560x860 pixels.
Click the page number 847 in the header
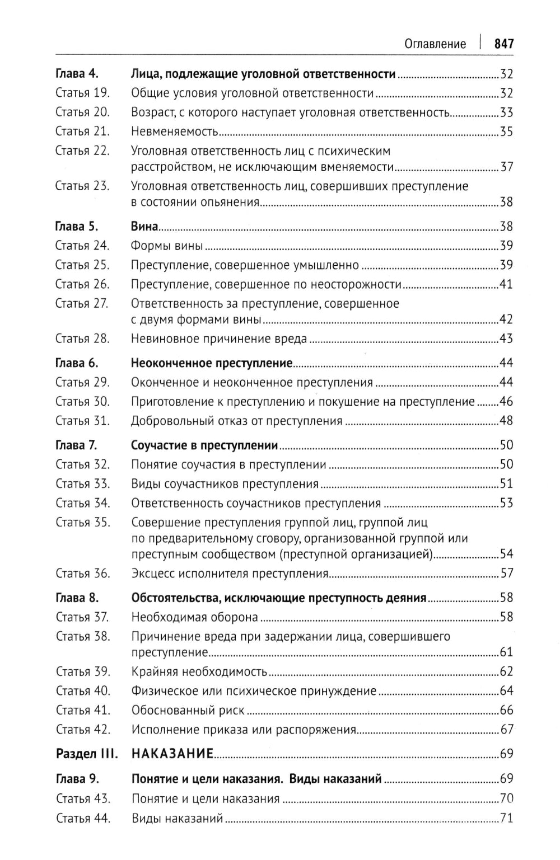[x=503, y=44]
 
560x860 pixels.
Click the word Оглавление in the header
[x=435, y=44]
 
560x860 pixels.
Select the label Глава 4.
[x=77, y=74]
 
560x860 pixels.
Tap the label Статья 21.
[x=82, y=131]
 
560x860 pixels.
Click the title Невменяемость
[x=174, y=132]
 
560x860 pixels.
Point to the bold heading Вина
[x=144, y=227]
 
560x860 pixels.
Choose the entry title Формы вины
[x=167, y=246]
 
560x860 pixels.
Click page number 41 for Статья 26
[x=506, y=284]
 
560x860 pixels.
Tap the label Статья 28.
[x=82, y=339]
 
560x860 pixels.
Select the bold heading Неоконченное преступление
[x=212, y=363]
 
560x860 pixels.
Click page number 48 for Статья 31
[x=506, y=421]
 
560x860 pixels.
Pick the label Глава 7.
[x=77, y=445]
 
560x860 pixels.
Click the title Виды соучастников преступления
[x=225, y=483]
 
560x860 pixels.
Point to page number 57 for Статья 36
[x=506, y=573]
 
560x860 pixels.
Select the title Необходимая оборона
[x=194, y=617]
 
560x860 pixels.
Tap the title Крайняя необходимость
[x=199, y=671]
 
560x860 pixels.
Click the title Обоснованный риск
[x=188, y=710]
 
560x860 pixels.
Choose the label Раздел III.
[x=87, y=754]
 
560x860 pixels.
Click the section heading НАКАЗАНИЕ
[x=172, y=754]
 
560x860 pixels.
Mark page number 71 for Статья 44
[x=506, y=818]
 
